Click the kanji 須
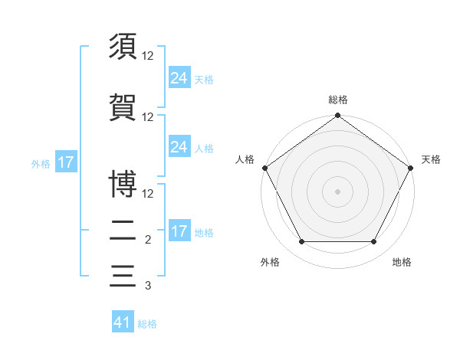[x=123, y=47]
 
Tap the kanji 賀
[x=123, y=106]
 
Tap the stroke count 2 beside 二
[x=148, y=240]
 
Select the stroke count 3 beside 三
[x=148, y=286]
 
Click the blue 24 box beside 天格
[x=179, y=78]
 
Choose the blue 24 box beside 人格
[x=179, y=147]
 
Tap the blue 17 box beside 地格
[x=179, y=231]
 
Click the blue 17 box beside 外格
[x=65, y=162]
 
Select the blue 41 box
[x=123, y=322]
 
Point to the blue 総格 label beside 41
[x=147, y=324]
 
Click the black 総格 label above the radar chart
[x=337, y=100]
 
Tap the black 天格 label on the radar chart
[x=431, y=159]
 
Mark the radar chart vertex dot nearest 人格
[x=265, y=168]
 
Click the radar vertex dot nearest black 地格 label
[x=374, y=242]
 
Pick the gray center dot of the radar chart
[x=337, y=191]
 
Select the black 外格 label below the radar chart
[x=270, y=262]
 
